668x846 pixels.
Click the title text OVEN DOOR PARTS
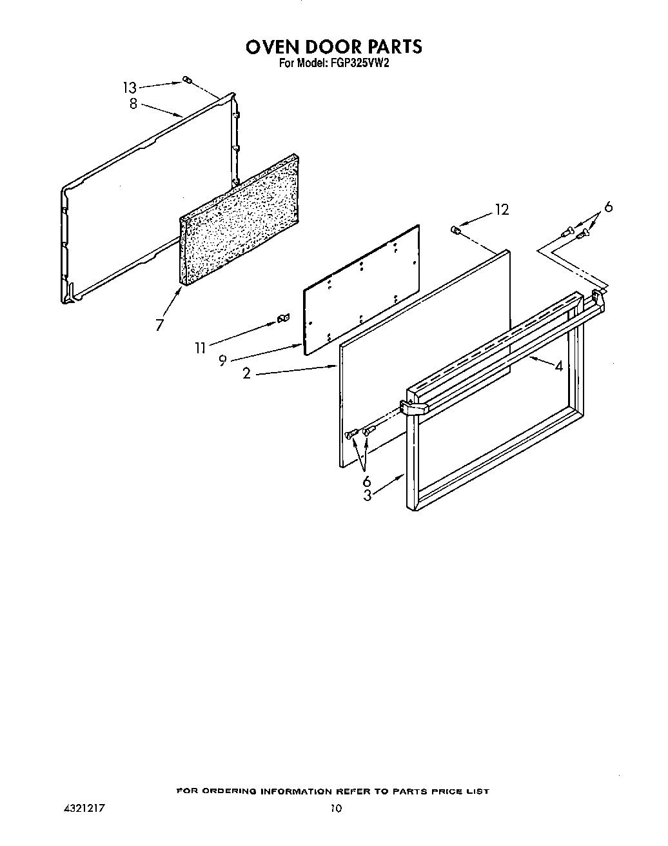coord(333,47)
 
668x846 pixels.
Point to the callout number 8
coord(133,104)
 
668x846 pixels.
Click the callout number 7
coord(159,325)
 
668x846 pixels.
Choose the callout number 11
coord(201,348)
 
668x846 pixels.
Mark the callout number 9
coord(222,361)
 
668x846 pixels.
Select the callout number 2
coord(246,373)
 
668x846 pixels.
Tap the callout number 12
coord(502,210)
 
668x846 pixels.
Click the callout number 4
coord(558,366)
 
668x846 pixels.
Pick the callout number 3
coord(367,495)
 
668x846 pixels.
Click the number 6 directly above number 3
coord(366,481)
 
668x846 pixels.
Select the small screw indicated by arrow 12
coord(455,229)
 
